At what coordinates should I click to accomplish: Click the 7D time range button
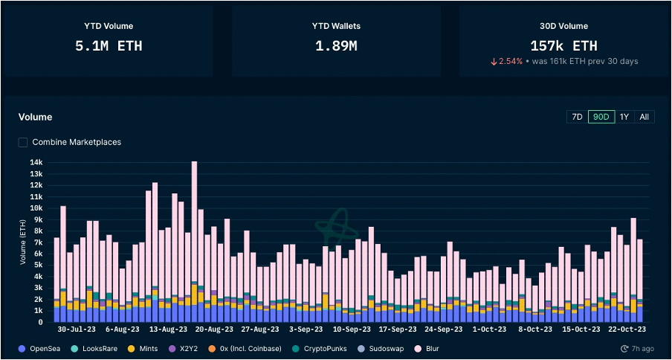[576, 117]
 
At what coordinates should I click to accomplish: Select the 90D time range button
[601, 117]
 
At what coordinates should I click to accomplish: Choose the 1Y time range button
[624, 117]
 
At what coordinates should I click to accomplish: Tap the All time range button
[644, 117]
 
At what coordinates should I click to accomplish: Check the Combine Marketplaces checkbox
[23, 142]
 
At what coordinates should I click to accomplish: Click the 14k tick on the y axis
[36, 162]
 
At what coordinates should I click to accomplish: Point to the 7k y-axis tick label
[38, 242]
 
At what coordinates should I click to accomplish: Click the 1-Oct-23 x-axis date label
[490, 329]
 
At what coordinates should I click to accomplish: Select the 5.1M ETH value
[109, 46]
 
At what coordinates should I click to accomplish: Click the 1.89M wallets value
[336, 46]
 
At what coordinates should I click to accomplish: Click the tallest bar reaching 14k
[194, 238]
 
